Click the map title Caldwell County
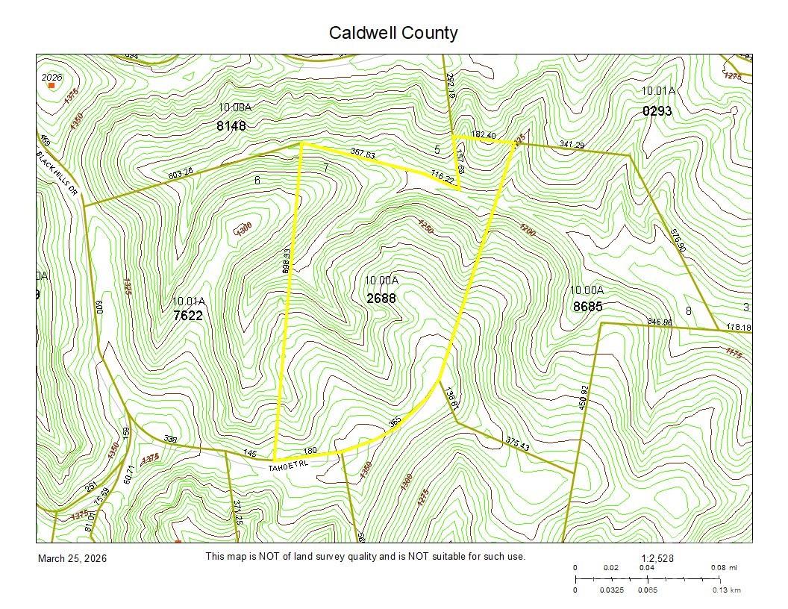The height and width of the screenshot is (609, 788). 393,33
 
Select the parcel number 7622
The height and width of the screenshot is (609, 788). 187,316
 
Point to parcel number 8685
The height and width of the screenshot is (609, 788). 587,306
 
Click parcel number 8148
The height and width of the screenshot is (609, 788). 231,125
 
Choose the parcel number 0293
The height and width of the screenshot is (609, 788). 657,111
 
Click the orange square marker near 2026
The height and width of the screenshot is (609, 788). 51,86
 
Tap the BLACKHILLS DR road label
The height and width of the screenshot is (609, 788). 58,172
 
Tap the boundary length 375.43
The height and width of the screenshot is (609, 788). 517,443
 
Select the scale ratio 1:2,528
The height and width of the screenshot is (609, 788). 657,558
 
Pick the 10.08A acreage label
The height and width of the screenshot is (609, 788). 235,107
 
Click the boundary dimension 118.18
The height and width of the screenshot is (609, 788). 738,327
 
